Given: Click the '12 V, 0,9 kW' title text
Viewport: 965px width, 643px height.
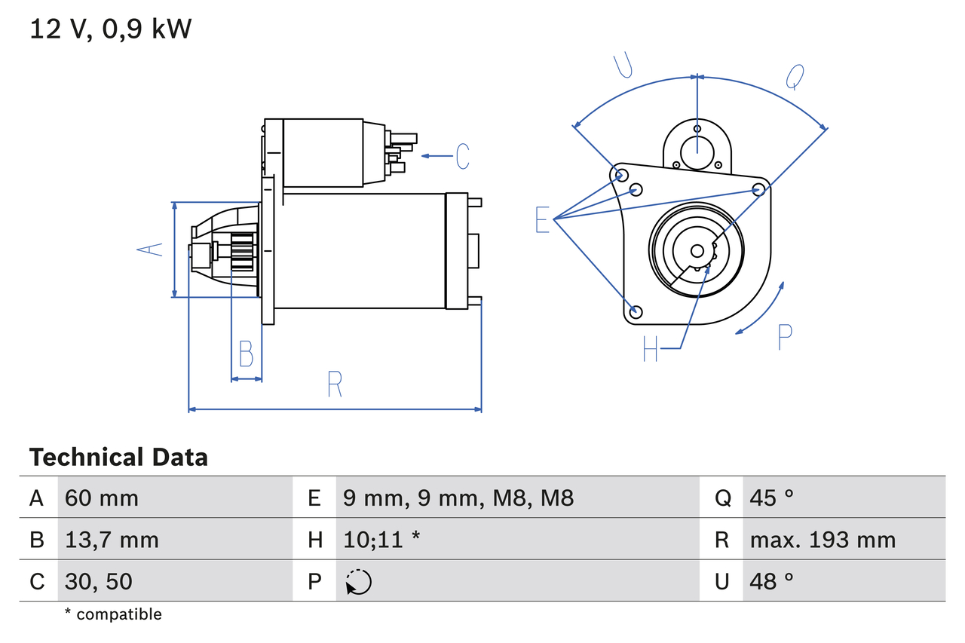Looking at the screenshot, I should (x=111, y=29).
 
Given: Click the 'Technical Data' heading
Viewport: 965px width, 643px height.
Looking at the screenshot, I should (x=118, y=458).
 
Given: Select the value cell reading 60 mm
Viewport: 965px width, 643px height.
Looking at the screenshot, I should (x=102, y=498).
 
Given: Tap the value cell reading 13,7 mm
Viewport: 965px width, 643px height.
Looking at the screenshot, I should (x=112, y=540).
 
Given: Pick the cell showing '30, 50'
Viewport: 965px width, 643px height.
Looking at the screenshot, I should (x=98, y=581).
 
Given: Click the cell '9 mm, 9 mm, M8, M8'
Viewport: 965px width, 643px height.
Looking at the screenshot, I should (x=458, y=498).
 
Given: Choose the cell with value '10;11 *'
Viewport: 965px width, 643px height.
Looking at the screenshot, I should (x=381, y=540).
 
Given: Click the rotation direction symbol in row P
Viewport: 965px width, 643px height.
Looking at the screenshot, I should (x=359, y=582).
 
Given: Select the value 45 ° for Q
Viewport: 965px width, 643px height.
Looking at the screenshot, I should (x=772, y=498).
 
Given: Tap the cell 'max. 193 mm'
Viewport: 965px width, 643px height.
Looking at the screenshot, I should (x=823, y=540).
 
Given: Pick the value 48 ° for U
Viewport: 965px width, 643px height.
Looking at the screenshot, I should (x=772, y=581).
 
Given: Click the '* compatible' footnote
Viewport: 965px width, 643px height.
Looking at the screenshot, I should (x=113, y=614).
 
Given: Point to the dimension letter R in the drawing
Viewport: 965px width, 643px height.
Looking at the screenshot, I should (x=335, y=384).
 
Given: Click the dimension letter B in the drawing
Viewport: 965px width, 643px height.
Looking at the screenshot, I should (x=246, y=354).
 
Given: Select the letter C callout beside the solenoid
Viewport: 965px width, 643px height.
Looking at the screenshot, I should (x=462, y=156).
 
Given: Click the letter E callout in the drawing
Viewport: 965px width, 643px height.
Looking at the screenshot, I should (x=542, y=219).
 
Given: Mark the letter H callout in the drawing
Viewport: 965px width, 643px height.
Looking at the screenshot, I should (x=650, y=348).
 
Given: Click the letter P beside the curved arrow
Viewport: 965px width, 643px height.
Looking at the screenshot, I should (x=785, y=337).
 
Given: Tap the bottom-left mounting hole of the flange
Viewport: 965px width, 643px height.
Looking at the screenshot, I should (x=636, y=311).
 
